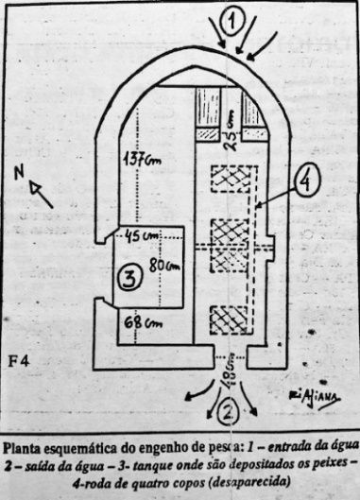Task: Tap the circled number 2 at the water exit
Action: coord(228,410)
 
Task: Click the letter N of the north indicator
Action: coord(20,173)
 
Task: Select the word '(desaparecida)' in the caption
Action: coord(247,480)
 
